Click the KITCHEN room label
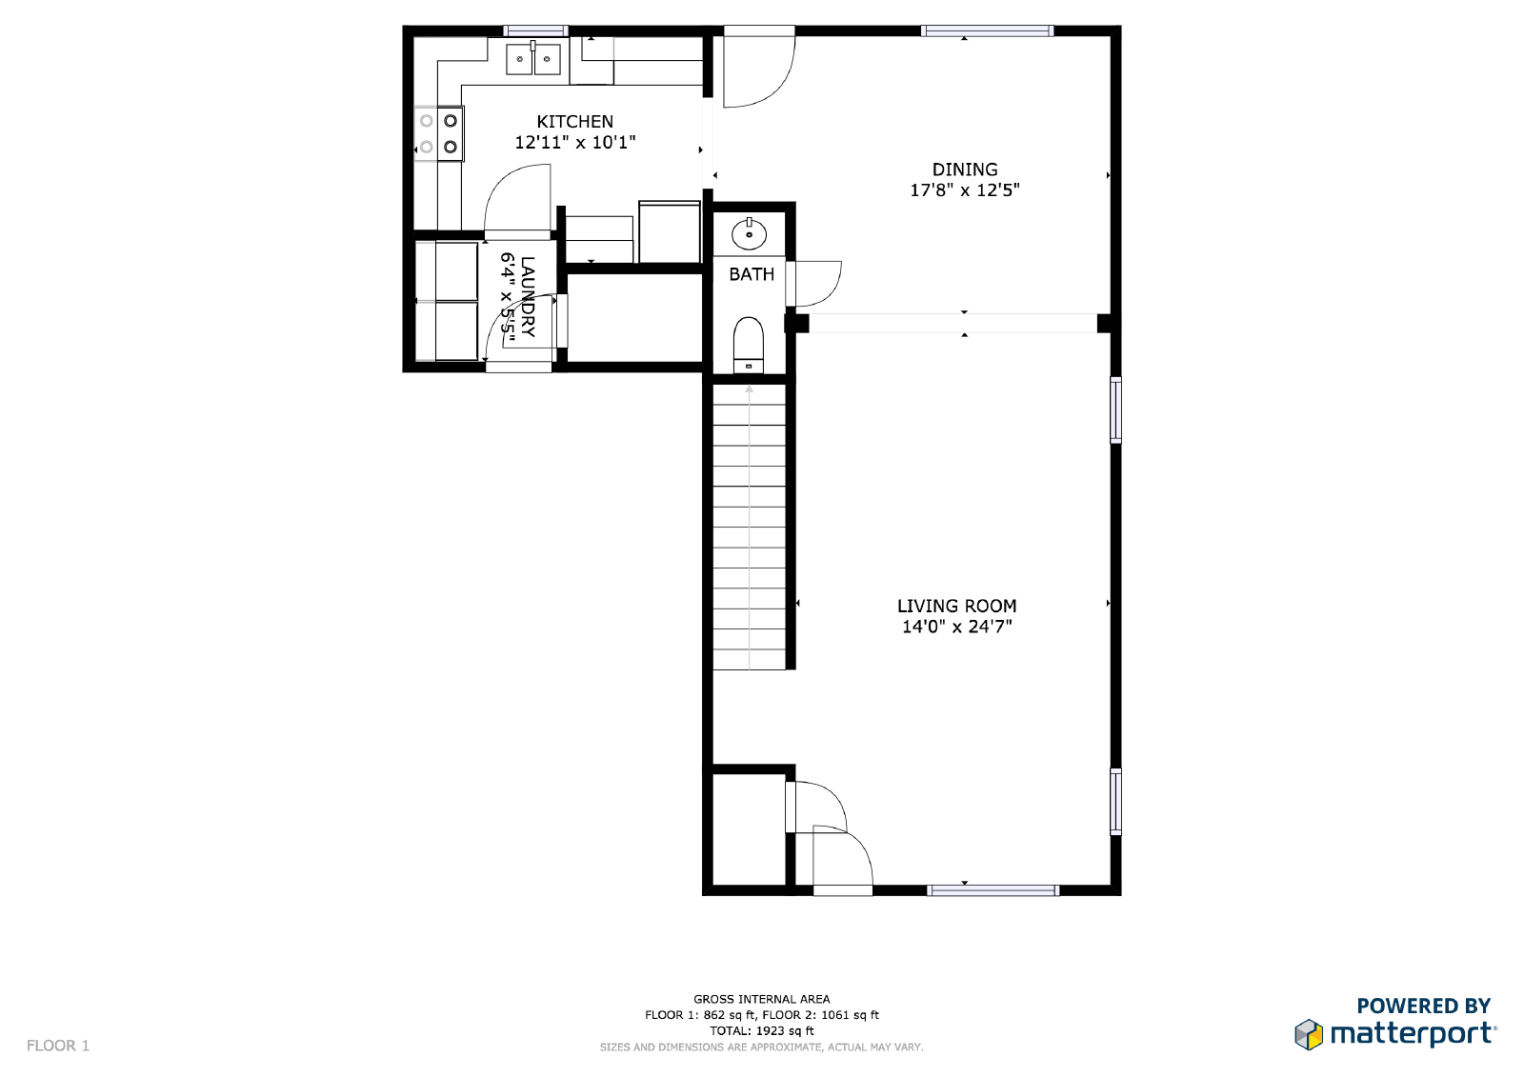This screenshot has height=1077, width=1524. tap(574, 122)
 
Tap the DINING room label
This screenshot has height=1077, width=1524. tap(964, 170)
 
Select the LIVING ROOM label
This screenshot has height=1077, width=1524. tap(956, 606)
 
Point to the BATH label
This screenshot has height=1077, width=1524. tap(752, 274)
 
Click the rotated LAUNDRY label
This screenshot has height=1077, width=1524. tap(528, 297)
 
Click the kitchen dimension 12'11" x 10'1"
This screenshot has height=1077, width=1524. tap(574, 143)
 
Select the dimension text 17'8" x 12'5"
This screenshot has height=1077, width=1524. tap(964, 190)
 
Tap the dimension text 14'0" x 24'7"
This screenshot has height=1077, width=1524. tap(956, 627)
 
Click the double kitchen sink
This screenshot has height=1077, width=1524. tap(532, 59)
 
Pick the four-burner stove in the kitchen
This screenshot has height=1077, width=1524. tap(439, 134)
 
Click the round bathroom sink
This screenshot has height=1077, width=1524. tap(750, 232)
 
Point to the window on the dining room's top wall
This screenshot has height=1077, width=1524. tap(988, 31)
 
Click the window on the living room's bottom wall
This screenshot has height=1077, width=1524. tap(993, 890)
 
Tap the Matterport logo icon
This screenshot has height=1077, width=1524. tap(1309, 1034)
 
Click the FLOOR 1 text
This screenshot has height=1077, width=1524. tap(58, 1046)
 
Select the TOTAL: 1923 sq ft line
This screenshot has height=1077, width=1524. tap(761, 1030)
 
